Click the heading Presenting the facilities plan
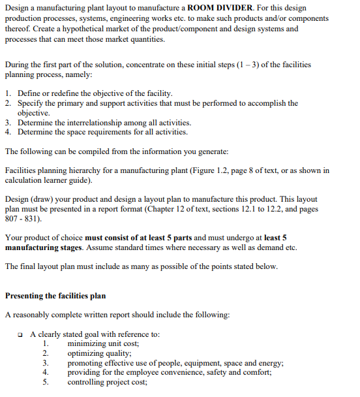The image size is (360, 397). (x=55, y=296)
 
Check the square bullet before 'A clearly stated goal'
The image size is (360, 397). (x=23, y=334)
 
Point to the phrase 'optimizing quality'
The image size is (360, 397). (x=99, y=353)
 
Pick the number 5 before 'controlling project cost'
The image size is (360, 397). (x=46, y=383)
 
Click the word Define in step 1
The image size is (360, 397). (x=30, y=93)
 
